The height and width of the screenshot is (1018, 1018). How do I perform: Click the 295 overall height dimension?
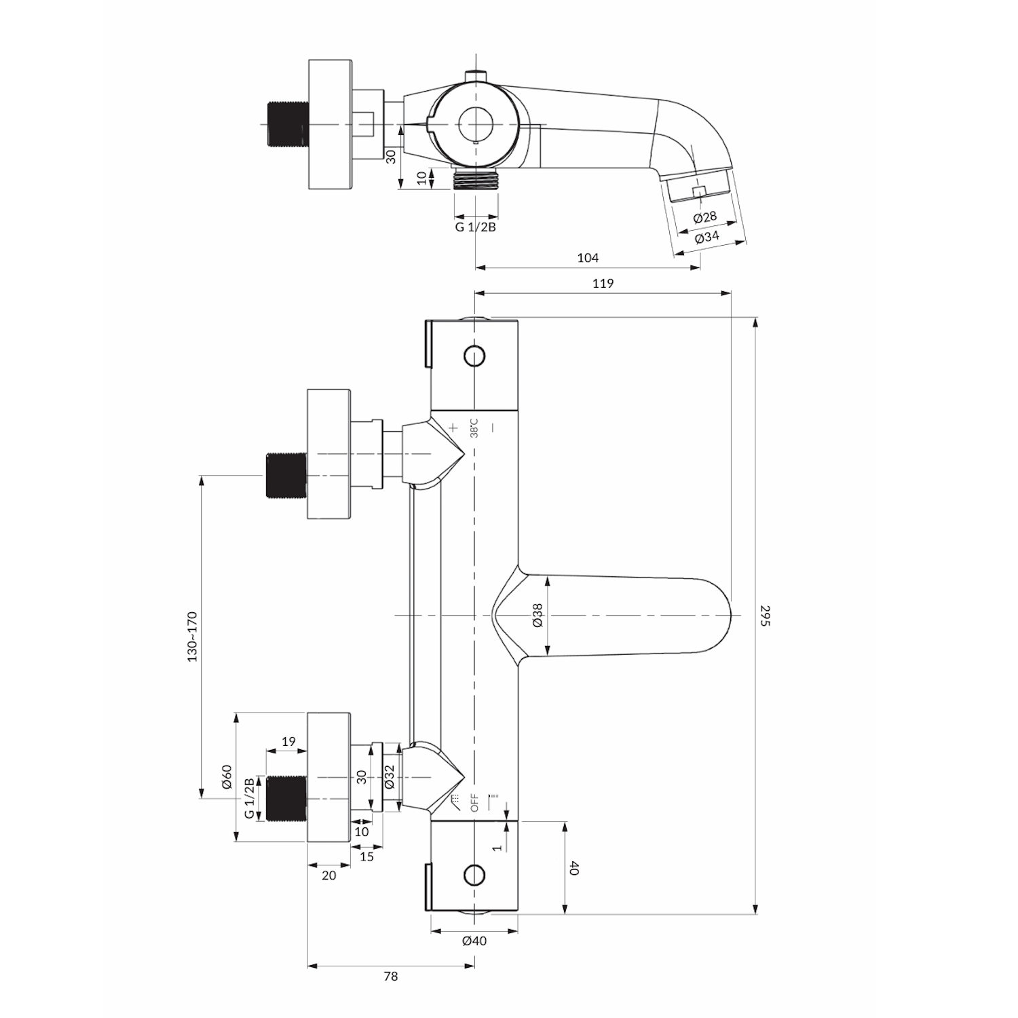pos(766,615)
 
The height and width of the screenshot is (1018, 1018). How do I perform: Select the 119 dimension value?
pos(603,284)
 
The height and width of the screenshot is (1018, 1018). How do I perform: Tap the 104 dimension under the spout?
pos(588,258)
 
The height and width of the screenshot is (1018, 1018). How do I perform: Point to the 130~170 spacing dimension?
pos(193,637)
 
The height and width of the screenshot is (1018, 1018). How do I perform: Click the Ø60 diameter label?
pos(227,776)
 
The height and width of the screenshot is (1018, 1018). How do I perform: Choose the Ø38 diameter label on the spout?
pos(537,615)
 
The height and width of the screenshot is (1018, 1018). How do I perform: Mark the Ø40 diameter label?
pos(474,941)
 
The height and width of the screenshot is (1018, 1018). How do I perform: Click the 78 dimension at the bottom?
pos(390,977)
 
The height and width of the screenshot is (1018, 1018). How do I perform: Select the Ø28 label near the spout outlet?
pos(705,217)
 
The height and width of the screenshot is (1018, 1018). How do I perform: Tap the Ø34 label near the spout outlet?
pos(707,237)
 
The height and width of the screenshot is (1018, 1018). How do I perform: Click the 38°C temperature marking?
pos(474,428)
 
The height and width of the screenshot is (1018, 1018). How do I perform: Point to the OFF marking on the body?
pos(474,802)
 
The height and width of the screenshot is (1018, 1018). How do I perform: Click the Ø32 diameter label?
pos(389,776)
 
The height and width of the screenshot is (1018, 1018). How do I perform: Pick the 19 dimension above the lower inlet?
pos(288,742)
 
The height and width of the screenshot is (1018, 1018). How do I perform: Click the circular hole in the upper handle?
pos(474,355)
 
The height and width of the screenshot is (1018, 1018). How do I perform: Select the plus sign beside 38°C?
pos(453,428)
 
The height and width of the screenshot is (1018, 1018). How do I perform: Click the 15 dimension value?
pos(366,856)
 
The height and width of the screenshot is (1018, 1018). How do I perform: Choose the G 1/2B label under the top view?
pos(475,227)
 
